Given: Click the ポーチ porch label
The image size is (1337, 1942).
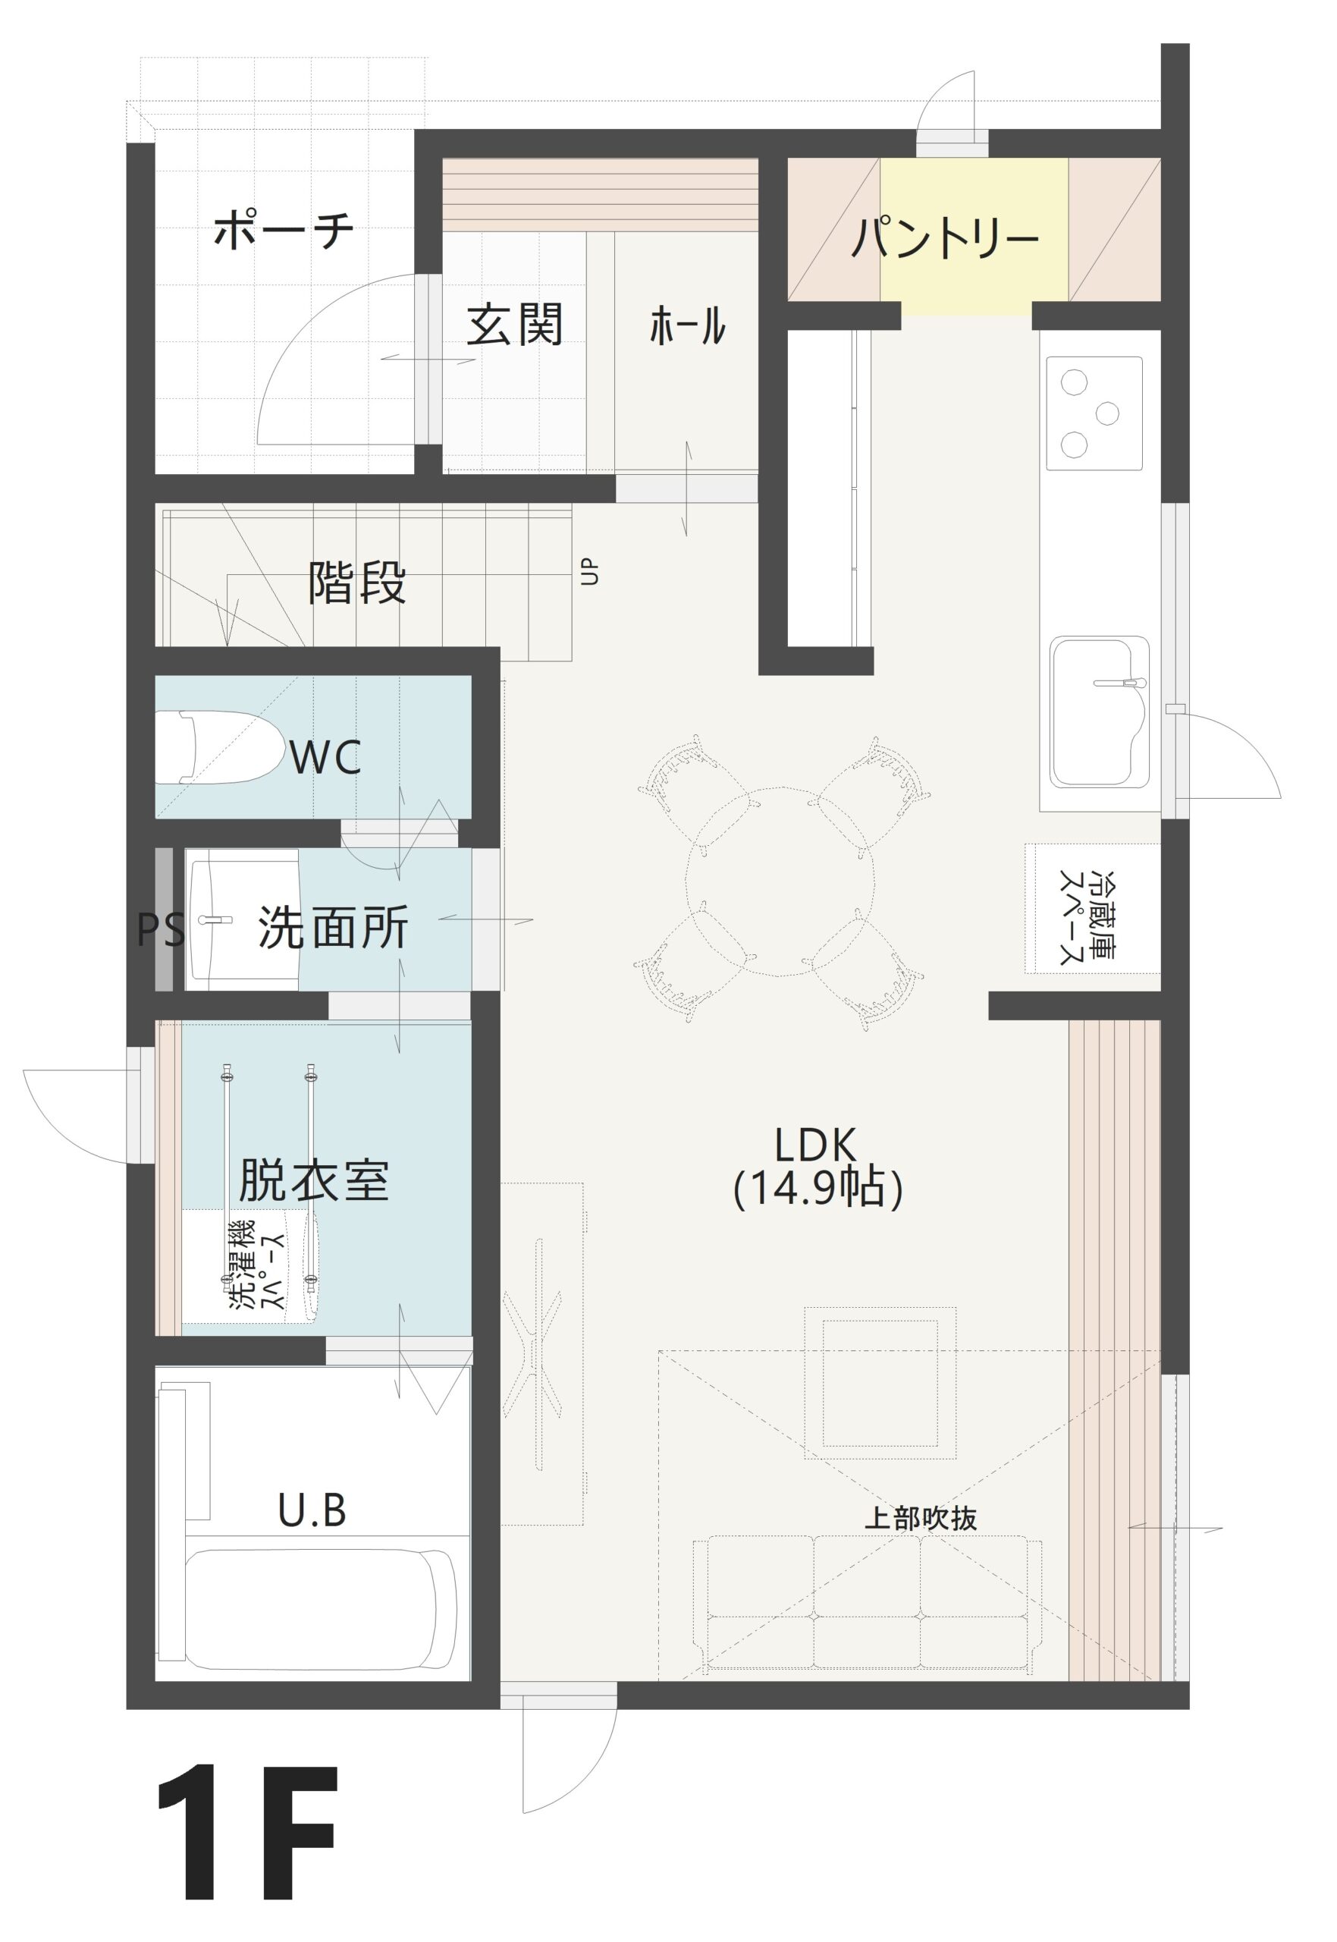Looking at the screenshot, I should coord(283,231).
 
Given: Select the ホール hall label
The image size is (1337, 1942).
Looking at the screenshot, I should coord(687,326).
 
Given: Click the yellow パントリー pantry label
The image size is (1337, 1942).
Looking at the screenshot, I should coord(945,239).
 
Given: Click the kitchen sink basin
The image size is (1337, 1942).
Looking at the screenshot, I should coord(1099,715).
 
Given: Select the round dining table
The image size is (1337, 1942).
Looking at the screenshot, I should coord(780,881).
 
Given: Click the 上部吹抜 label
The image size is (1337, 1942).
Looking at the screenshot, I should coord(920,1517).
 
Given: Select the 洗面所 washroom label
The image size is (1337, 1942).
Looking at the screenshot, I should coord(334,929).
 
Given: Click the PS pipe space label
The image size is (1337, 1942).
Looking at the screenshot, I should coord(161,929).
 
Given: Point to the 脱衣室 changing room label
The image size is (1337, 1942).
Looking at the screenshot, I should coord(313,1180).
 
